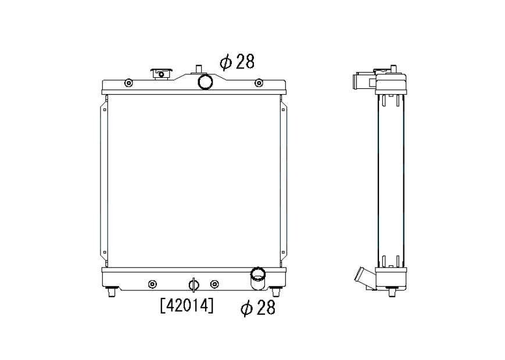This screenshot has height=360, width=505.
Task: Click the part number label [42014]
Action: coord(187,305)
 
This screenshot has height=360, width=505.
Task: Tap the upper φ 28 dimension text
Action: coord(237,62)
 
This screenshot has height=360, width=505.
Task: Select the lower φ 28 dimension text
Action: coord(258,308)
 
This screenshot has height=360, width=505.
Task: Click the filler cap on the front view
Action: coord(162,74)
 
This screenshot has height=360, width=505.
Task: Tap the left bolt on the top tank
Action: coord(128,84)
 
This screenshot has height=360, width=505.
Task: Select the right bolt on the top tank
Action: coord(259,84)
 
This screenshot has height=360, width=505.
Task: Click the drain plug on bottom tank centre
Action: coord(194,285)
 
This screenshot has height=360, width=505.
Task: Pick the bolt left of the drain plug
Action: coord(152,285)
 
